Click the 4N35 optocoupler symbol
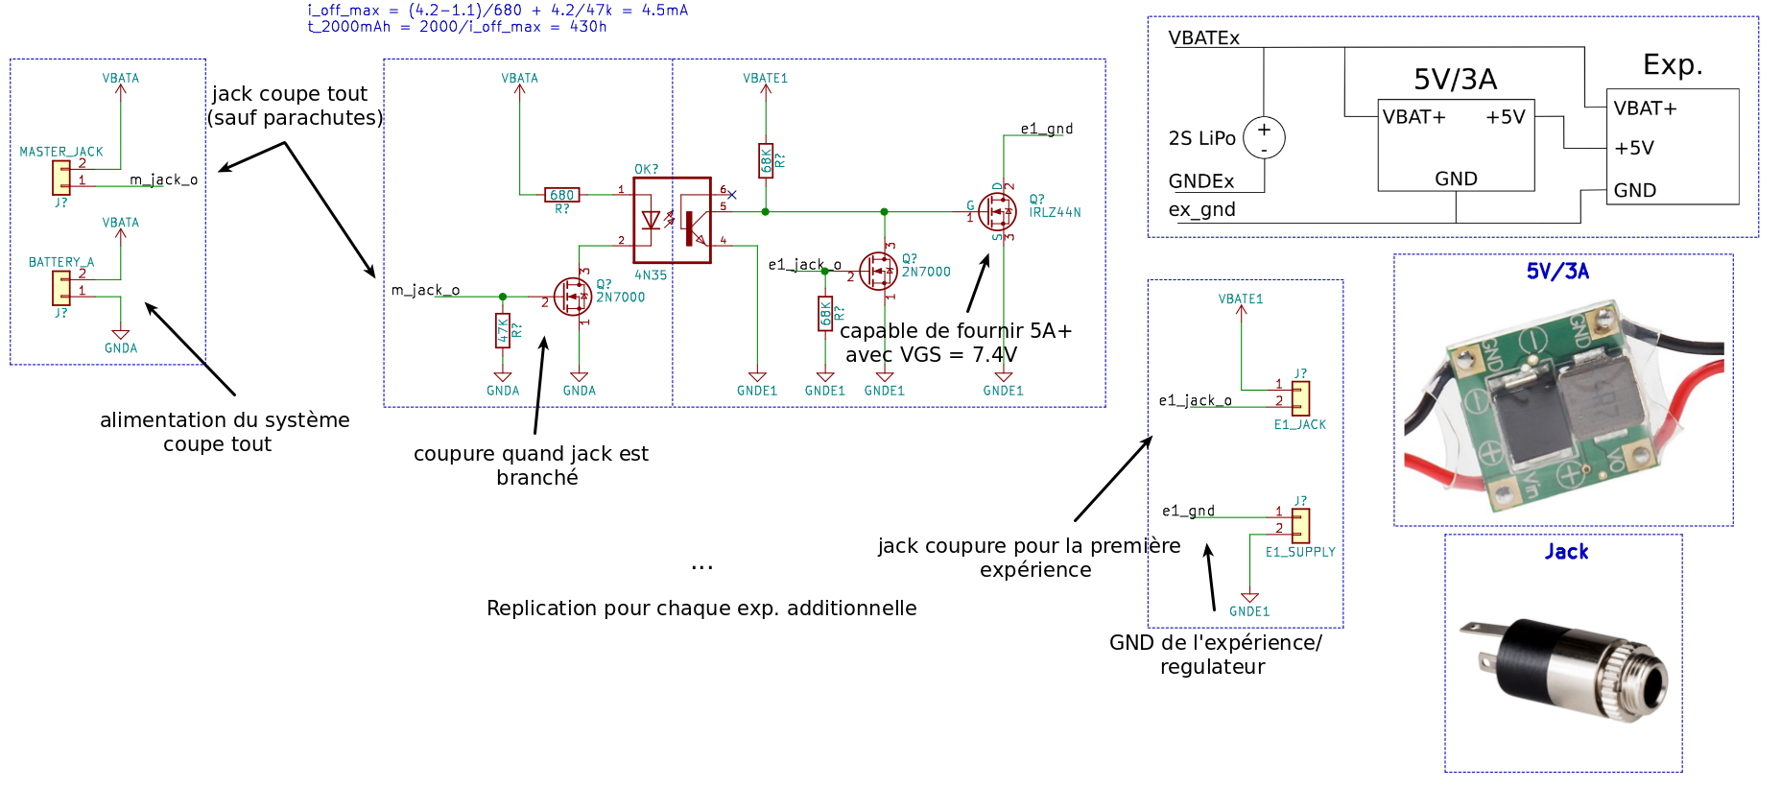pyautogui.click(x=672, y=220)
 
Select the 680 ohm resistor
pyautogui.click(x=561, y=195)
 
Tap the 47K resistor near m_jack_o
pyautogui.click(x=503, y=330)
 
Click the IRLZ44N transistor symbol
pyautogui.click(x=998, y=210)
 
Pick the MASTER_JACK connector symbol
pyautogui.click(x=61, y=177)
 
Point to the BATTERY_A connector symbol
pyautogui.click(x=61, y=287)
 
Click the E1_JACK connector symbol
pyautogui.click(x=1300, y=398)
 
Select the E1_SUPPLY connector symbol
pyautogui.click(x=1300, y=525)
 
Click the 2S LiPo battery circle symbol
pyautogui.click(x=1264, y=137)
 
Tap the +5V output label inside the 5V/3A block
pyautogui.click(x=1505, y=117)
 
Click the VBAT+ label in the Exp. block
pyautogui.click(x=1645, y=108)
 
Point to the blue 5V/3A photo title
pyautogui.click(x=1557, y=272)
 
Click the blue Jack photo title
pyautogui.click(x=1566, y=552)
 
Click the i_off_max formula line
pyautogui.click(x=497, y=11)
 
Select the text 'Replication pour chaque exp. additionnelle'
pyautogui.click(x=701, y=609)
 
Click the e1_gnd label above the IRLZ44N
pyautogui.click(x=1046, y=129)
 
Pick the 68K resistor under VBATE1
pyautogui.click(x=766, y=161)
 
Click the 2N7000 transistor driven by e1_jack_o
pyautogui.click(x=878, y=271)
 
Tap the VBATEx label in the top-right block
pyautogui.click(x=1203, y=38)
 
